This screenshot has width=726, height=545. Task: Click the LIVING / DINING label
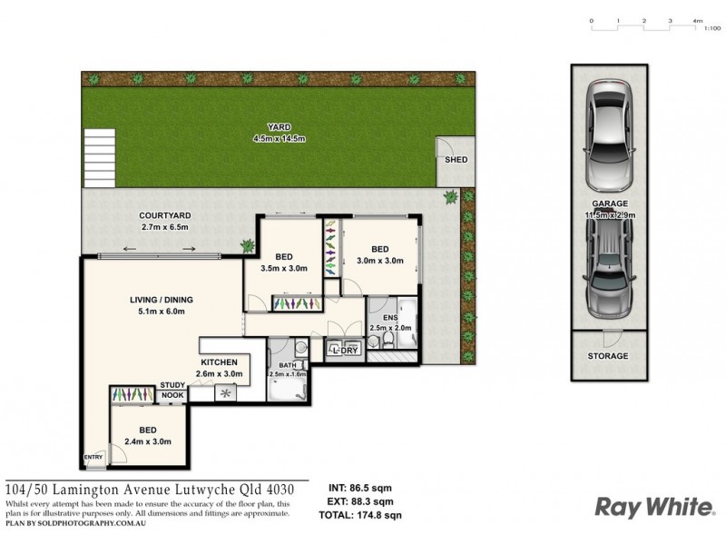(160, 300)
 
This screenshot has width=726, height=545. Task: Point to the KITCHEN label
(219, 362)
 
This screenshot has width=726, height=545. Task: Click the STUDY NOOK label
(172, 390)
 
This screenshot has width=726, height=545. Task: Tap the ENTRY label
(93, 456)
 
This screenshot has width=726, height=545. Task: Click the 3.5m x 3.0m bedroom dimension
(283, 268)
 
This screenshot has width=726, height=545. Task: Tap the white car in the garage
(609, 132)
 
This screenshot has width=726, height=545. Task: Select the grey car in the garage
(609, 272)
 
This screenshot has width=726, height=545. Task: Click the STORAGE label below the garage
(609, 356)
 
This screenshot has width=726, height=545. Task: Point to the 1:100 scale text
(712, 29)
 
